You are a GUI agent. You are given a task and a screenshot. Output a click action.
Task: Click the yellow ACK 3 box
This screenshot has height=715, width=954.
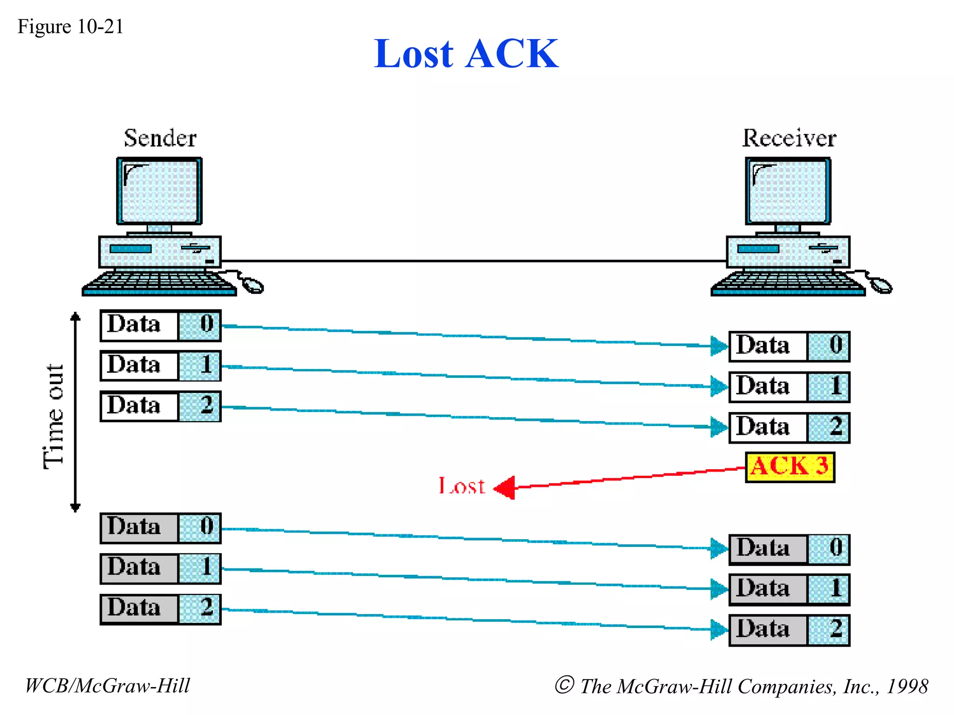(790, 467)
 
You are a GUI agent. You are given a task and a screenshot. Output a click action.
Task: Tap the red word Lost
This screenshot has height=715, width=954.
(461, 486)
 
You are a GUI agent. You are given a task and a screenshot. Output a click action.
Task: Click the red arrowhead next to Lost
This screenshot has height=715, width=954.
(505, 487)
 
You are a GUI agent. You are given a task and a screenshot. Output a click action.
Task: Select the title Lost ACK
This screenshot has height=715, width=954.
(466, 54)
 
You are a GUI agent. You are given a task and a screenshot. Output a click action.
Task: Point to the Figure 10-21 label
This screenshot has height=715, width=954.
(70, 27)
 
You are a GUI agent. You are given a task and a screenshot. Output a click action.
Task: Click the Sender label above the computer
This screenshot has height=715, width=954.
(160, 138)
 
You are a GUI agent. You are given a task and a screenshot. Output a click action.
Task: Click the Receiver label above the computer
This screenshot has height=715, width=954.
(789, 138)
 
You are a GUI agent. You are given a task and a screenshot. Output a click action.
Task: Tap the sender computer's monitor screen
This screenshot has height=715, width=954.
(159, 191)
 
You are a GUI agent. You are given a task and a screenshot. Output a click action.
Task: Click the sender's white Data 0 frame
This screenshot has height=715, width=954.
(160, 325)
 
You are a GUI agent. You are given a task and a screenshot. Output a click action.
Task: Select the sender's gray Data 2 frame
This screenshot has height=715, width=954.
(160, 609)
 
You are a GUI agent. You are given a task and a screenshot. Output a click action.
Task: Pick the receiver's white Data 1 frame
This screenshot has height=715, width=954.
(789, 387)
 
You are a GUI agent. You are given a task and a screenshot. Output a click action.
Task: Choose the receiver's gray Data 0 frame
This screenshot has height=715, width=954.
(789, 549)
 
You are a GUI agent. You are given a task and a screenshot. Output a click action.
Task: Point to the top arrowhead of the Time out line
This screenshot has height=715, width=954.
(75, 317)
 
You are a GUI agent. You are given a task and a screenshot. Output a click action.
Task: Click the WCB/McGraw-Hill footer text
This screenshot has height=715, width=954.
(107, 686)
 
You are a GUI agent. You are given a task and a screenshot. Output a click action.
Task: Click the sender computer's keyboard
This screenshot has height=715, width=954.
(159, 283)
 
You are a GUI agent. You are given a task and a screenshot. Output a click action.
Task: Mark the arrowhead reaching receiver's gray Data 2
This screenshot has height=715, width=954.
(719, 629)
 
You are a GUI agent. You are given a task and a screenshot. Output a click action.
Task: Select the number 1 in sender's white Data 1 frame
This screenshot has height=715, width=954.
(205, 365)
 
